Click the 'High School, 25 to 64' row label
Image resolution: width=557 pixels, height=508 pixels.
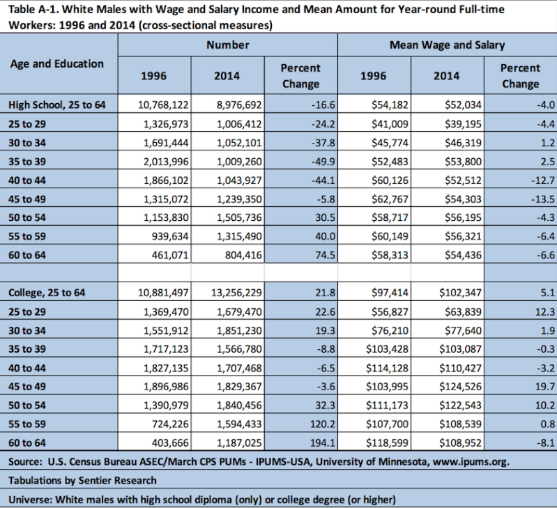(x=57, y=105)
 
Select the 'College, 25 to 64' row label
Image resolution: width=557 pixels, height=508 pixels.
(x=47, y=293)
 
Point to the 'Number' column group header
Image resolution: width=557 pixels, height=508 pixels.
(x=228, y=45)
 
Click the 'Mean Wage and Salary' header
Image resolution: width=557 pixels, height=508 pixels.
(x=448, y=45)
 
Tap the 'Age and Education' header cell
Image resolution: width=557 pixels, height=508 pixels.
(x=57, y=63)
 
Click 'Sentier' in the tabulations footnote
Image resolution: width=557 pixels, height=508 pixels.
(x=95, y=480)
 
